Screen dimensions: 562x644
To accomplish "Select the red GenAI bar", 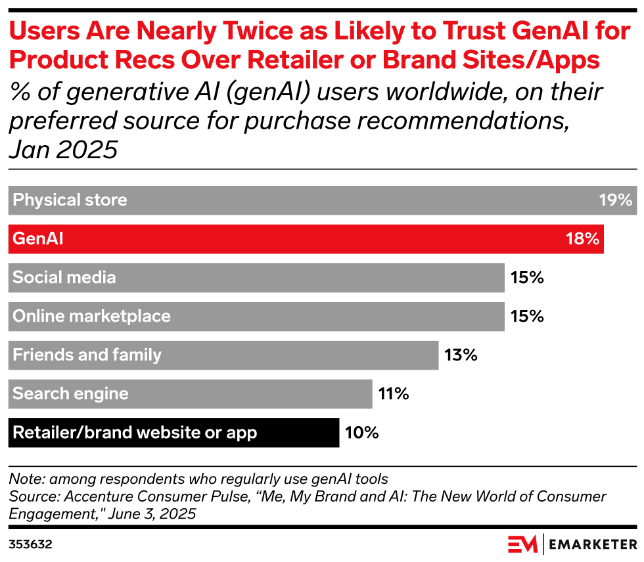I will [306, 239].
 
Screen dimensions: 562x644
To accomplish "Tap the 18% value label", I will [582, 239].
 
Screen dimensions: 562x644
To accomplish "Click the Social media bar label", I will [64, 278].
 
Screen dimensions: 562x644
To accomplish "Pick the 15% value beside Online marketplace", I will [526, 316].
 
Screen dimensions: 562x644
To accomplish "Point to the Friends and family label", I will [87, 355].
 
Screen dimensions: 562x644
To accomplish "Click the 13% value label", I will [460, 355].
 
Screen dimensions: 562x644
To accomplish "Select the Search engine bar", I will [191, 394].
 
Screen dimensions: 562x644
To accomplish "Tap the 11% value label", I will [394, 394].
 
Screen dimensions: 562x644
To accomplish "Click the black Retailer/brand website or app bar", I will [174, 433].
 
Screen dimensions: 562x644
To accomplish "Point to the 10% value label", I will [361, 433].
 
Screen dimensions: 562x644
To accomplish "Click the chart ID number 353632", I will [30, 545].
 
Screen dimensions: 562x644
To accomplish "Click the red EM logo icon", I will [523, 544].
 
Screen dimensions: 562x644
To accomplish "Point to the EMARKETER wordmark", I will [593, 545].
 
